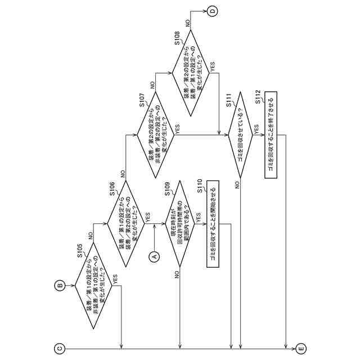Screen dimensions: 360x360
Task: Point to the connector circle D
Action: tap(212, 11)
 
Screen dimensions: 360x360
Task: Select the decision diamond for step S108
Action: tap(191, 73)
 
